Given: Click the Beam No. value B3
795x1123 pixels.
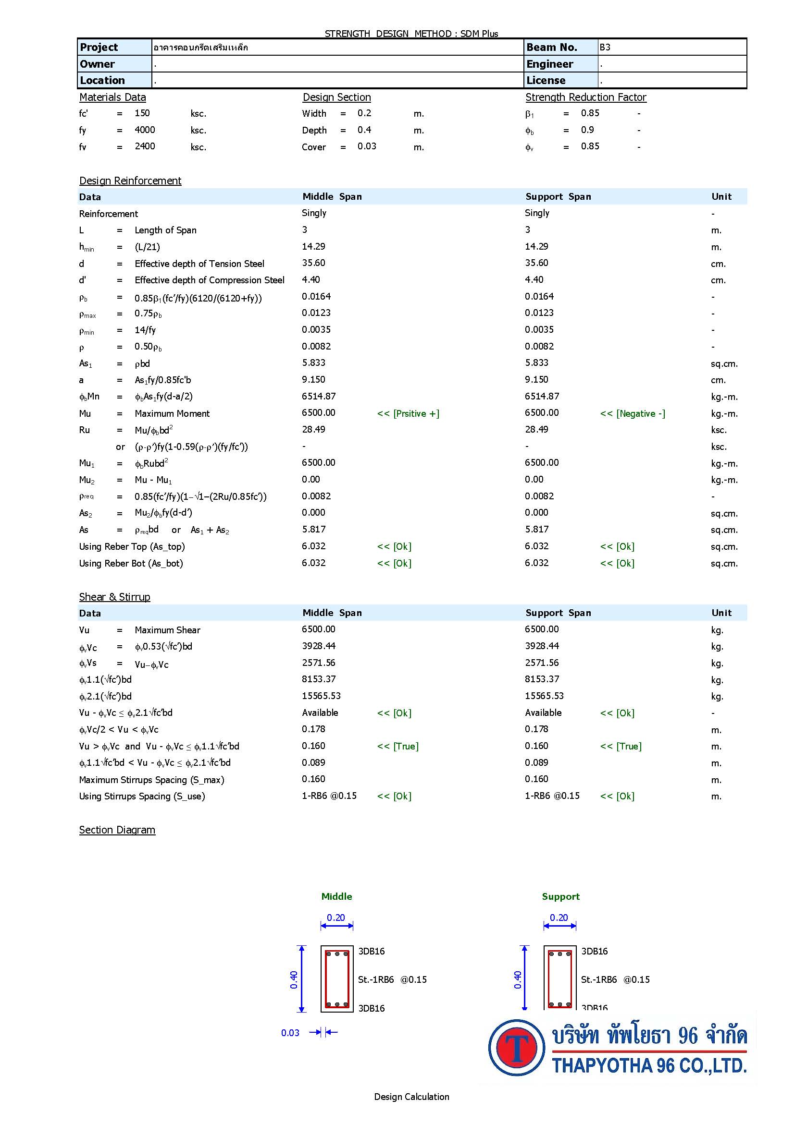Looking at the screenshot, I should point(605,48).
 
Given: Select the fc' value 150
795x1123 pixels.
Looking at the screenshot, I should point(142,113).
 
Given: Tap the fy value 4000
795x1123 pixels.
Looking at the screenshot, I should point(144,130).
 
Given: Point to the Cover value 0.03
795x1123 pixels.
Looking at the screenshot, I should point(367,146).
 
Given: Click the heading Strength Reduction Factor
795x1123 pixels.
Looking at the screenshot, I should point(585,97).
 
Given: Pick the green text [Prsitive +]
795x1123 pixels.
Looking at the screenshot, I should point(408,413).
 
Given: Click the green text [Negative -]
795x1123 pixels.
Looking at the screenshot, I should point(633,413).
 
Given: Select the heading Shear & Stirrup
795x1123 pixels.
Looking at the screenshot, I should point(114,597).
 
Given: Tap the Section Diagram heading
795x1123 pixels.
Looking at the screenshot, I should point(117,830).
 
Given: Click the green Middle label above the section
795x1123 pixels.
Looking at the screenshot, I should point(336,896).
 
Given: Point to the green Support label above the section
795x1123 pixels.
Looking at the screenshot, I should point(560,896).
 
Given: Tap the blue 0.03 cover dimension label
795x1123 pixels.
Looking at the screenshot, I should point(290,1033).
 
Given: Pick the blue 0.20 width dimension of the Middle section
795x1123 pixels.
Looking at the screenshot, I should point(336,918).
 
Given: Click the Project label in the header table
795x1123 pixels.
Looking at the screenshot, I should point(99,48).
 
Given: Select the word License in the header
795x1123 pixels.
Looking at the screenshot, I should point(546,80).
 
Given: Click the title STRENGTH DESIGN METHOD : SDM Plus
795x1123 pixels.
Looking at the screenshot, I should point(411,33).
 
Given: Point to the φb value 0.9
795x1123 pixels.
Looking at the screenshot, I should point(587,130).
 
